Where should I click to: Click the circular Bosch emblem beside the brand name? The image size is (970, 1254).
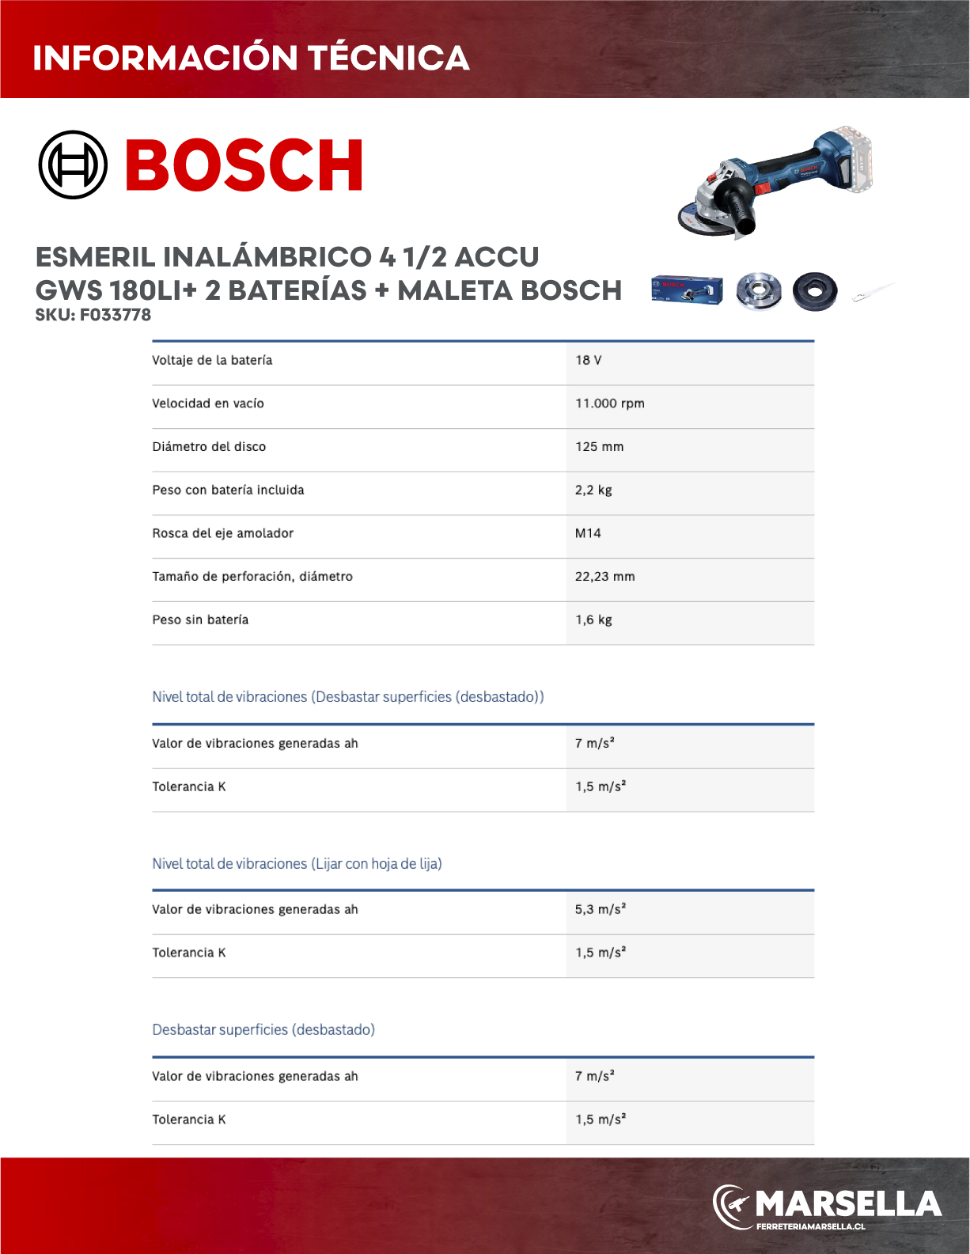point(73,165)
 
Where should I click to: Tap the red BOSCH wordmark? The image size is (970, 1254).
point(244,165)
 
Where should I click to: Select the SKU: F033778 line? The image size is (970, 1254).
point(93,315)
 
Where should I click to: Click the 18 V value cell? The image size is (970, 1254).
point(589,360)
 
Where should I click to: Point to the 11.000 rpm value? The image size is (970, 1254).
point(610,403)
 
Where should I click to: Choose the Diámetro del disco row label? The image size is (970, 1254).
point(209,447)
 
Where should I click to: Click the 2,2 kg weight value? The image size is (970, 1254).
point(593,490)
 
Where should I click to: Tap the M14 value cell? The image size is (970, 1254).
point(588,533)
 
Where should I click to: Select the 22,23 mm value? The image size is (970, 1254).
point(604,577)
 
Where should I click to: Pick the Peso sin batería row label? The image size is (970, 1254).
point(200,620)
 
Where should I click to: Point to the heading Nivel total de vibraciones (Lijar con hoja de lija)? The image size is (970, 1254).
point(297,864)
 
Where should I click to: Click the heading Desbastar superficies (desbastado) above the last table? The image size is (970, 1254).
point(263,1030)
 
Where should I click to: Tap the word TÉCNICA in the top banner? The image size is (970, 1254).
point(388,58)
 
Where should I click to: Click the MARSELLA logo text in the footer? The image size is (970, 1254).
point(848,1203)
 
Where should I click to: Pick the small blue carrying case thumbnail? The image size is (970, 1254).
point(687,290)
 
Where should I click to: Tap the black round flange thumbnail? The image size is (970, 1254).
point(815,290)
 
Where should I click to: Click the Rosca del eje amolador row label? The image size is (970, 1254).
point(223,533)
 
